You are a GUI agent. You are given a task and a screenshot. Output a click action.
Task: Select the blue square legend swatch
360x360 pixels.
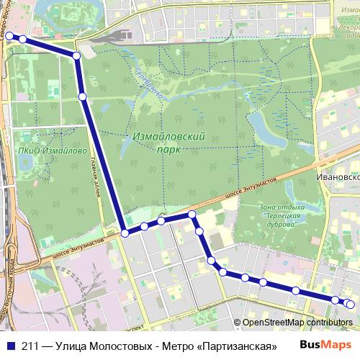(10, 346)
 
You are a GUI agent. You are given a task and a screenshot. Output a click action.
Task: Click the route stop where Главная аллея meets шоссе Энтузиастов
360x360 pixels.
(125, 233)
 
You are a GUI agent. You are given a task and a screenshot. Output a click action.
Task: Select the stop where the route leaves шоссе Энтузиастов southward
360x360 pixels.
(192, 215)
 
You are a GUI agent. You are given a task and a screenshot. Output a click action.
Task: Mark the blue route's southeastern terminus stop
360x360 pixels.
(351, 305)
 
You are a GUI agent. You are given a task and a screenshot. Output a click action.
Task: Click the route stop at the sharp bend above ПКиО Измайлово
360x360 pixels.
(76, 55)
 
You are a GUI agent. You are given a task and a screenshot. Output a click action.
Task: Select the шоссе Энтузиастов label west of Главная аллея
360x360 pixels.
(76, 243)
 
